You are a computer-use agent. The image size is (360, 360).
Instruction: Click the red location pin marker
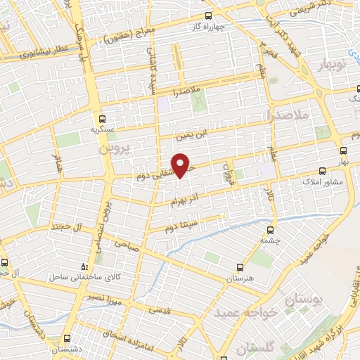[182, 165]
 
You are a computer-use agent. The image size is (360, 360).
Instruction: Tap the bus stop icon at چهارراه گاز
[207, 15]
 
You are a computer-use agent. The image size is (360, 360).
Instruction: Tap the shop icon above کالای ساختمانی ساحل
[84, 266]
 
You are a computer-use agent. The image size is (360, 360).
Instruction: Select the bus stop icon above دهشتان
[68, 337]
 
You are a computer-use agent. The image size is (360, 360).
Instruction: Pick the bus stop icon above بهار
[343, 150]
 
